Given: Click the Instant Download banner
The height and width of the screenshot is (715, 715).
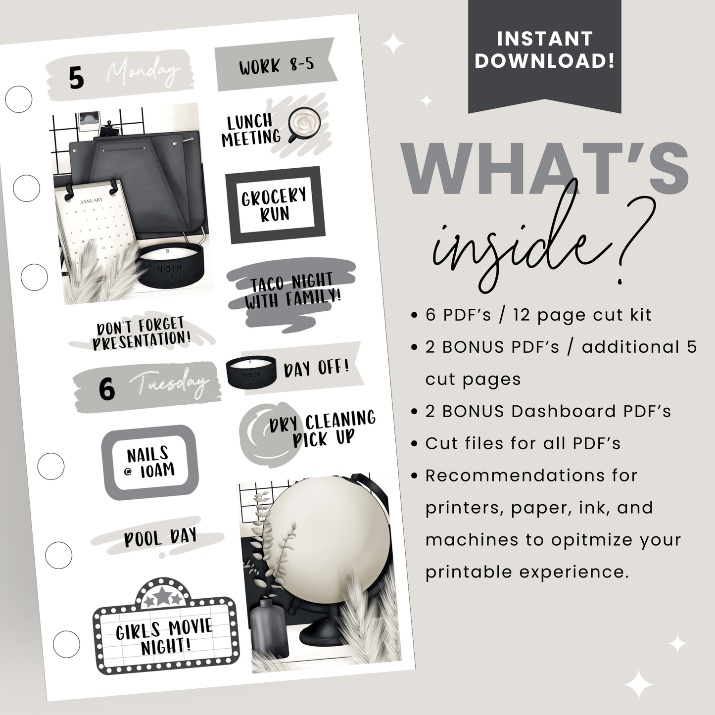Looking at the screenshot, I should click(544, 50).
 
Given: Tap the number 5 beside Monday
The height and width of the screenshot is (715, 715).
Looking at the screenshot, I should click(76, 78).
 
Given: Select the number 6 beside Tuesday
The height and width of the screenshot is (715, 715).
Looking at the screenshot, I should click(106, 389).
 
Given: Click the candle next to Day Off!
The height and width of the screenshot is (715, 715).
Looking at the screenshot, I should click(250, 371).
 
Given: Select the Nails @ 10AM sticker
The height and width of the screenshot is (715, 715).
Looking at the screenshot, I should click(149, 462).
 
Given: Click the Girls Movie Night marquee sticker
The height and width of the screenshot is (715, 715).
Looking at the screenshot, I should click(165, 636).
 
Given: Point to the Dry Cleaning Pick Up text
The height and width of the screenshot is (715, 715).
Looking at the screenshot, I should click(322, 429).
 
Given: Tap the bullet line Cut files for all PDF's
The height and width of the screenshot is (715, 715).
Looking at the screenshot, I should click(523, 443).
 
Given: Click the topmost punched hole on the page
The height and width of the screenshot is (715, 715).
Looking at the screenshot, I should click(19, 99).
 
